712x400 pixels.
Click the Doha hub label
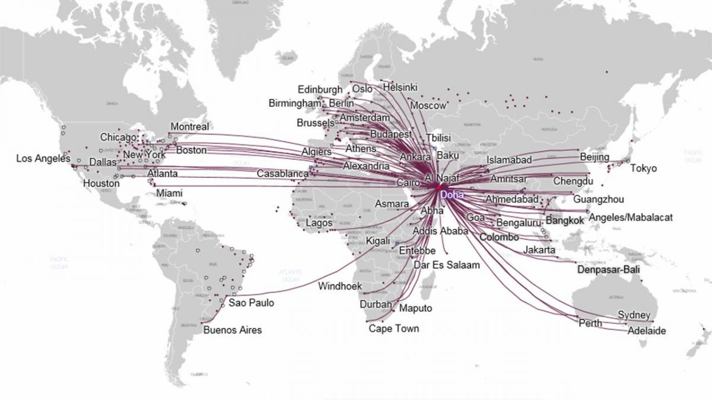(x=453, y=193)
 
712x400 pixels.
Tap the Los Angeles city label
(x=43, y=158)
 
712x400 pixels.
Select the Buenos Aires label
(x=232, y=330)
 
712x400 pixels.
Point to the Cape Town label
(x=393, y=328)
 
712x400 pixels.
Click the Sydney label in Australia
(x=634, y=315)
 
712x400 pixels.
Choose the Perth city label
(x=590, y=323)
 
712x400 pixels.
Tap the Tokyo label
(x=643, y=168)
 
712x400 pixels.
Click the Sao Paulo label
(x=251, y=303)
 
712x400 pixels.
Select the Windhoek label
(x=340, y=286)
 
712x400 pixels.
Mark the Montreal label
(x=189, y=127)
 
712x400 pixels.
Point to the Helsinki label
(x=401, y=87)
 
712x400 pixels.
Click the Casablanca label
(x=282, y=174)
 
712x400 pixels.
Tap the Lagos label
(x=319, y=223)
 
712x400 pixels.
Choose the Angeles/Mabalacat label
(x=632, y=217)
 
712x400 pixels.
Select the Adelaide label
(x=647, y=331)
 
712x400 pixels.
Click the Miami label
(x=169, y=193)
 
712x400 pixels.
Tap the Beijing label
(x=595, y=157)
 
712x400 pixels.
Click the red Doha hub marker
(x=438, y=187)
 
